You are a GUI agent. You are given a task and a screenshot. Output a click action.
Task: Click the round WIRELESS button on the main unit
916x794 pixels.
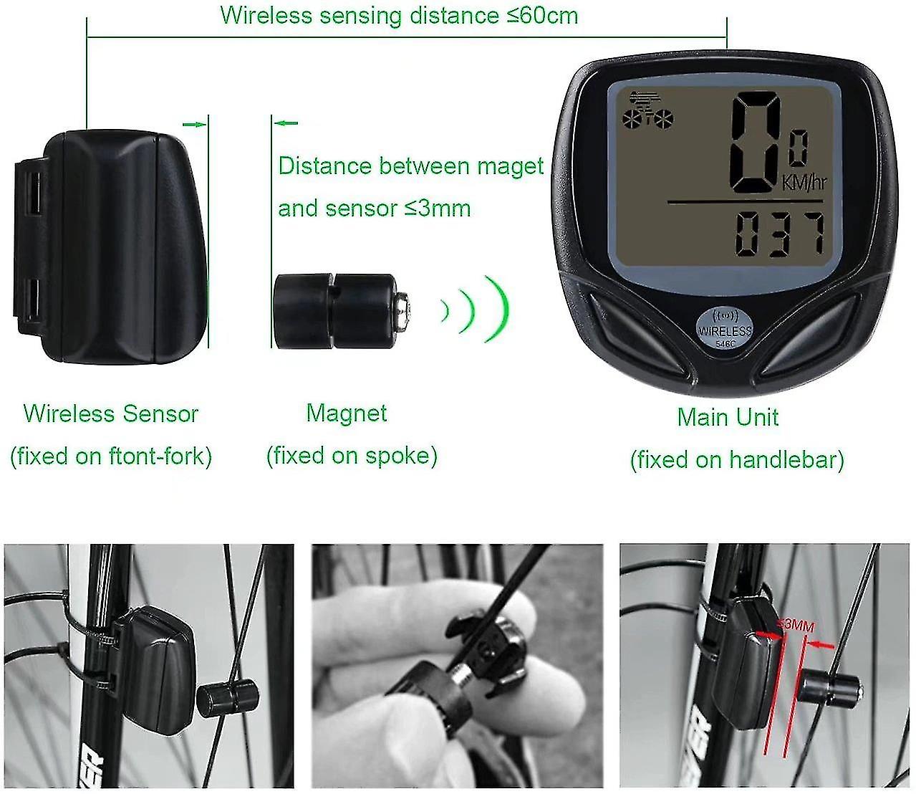(724, 328)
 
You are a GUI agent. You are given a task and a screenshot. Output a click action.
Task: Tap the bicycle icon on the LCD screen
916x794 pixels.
(647, 111)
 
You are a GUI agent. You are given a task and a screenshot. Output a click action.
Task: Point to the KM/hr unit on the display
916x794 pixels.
(804, 182)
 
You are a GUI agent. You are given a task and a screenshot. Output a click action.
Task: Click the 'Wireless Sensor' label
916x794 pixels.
(111, 413)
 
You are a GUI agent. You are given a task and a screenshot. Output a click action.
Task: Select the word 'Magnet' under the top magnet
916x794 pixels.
(347, 413)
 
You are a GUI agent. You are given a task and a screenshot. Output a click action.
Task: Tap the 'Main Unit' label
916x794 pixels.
(728, 417)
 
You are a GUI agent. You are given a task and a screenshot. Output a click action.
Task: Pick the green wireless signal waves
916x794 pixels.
(475, 309)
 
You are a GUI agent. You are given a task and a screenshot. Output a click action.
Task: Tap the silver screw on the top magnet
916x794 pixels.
(404, 310)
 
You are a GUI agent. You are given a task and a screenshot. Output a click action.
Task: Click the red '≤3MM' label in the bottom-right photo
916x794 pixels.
(796, 626)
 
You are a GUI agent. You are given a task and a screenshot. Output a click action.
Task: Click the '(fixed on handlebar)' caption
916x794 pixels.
(738, 460)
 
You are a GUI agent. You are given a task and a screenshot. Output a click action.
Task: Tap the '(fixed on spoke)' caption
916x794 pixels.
(352, 456)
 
